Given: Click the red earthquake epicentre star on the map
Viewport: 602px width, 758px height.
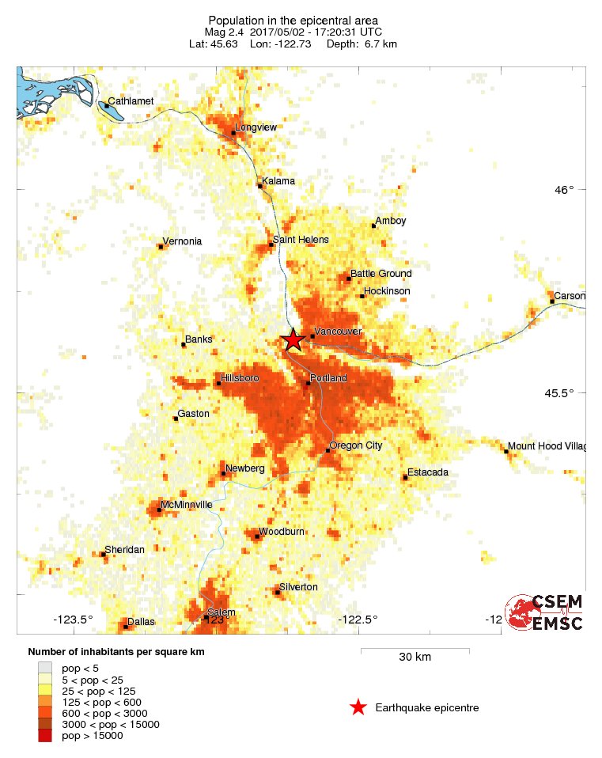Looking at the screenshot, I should pyautogui.click(x=293, y=340).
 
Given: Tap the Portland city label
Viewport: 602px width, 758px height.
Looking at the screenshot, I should pyautogui.click(x=328, y=378).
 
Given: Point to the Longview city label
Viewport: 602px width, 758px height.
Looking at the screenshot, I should pyautogui.click(x=255, y=127).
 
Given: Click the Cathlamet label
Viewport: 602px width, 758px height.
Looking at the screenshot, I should pyautogui.click(x=131, y=100).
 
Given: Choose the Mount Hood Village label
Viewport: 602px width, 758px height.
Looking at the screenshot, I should pyautogui.click(x=547, y=446).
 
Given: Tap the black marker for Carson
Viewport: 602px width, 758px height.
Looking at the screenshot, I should pyautogui.click(x=552, y=301).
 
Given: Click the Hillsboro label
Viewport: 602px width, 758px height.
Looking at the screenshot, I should pyautogui.click(x=240, y=378).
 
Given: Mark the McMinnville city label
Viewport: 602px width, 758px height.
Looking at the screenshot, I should pyautogui.click(x=187, y=504).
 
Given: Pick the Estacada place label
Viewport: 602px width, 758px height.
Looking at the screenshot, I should pyautogui.click(x=428, y=472).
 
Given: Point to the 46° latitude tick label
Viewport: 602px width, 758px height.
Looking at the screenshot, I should pyautogui.click(x=564, y=190).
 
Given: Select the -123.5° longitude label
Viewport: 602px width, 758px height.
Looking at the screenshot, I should pyautogui.click(x=74, y=620).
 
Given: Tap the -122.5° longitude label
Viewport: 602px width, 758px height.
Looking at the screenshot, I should pyautogui.click(x=358, y=620).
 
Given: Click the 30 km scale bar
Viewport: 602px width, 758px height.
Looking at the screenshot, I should pyautogui.click(x=415, y=650).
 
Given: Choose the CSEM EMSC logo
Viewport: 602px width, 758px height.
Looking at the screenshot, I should pyautogui.click(x=545, y=612).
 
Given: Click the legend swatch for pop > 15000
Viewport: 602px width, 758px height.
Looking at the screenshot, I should pyautogui.click(x=46, y=736).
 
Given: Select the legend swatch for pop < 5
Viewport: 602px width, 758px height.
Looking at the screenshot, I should pyautogui.click(x=46, y=669).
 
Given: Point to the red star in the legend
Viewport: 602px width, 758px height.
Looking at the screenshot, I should pyautogui.click(x=358, y=707).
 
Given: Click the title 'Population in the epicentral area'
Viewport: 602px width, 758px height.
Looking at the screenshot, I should pyautogui.click(x=293, y=20).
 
